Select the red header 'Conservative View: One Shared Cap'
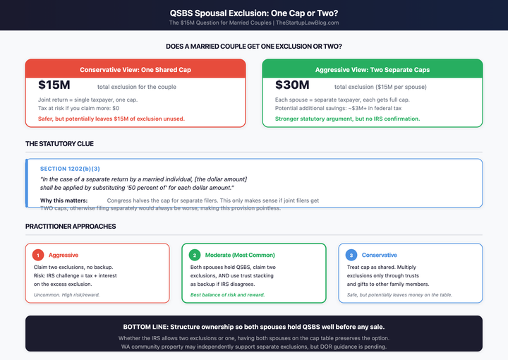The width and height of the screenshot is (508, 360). click(x=135, y=70)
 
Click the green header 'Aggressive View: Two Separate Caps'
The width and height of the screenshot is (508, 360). click(x=373, y=70)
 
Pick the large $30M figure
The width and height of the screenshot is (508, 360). click(x=292, y=86)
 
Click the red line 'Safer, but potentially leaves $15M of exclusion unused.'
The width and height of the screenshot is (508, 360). click(x=111, y=118)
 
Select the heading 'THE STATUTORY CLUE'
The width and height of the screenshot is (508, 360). click(x=59, y=143)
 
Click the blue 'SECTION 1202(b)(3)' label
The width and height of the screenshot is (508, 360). click(x=70, y=169)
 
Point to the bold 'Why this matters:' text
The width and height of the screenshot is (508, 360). click(x=64, y=201)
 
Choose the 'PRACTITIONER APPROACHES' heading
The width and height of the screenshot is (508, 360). click(x=71, y=226)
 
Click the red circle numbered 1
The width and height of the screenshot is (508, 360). click(x=39, y=255)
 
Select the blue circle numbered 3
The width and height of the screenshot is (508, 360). click(x=351, y=255)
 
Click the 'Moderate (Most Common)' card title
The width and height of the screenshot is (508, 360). click(x=240, y=255)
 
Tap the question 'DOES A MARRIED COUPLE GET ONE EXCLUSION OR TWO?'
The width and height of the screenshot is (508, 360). click(x=253, y=47)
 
